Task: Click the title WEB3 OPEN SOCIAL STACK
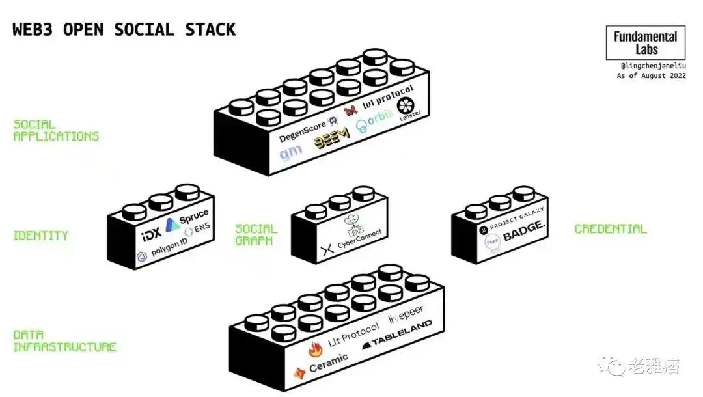pyautogui.click(x=124, y=30)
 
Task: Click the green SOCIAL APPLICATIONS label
pyautogui.click(x=56, y=130)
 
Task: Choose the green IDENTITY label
pyautogui.click(x=40, y=236)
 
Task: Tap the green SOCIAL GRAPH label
pyautogui.click(x=256, y=234)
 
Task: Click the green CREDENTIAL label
pyautogui.click(x=610, y=229)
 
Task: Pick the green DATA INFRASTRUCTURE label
pyautogui.click(x=64, y=341)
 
